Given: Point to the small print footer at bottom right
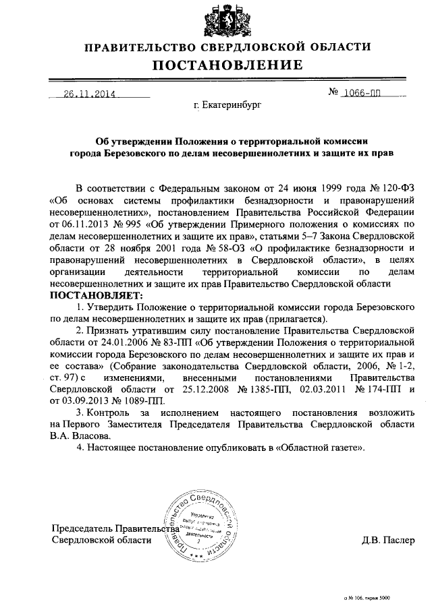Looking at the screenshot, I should click(369, 598).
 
